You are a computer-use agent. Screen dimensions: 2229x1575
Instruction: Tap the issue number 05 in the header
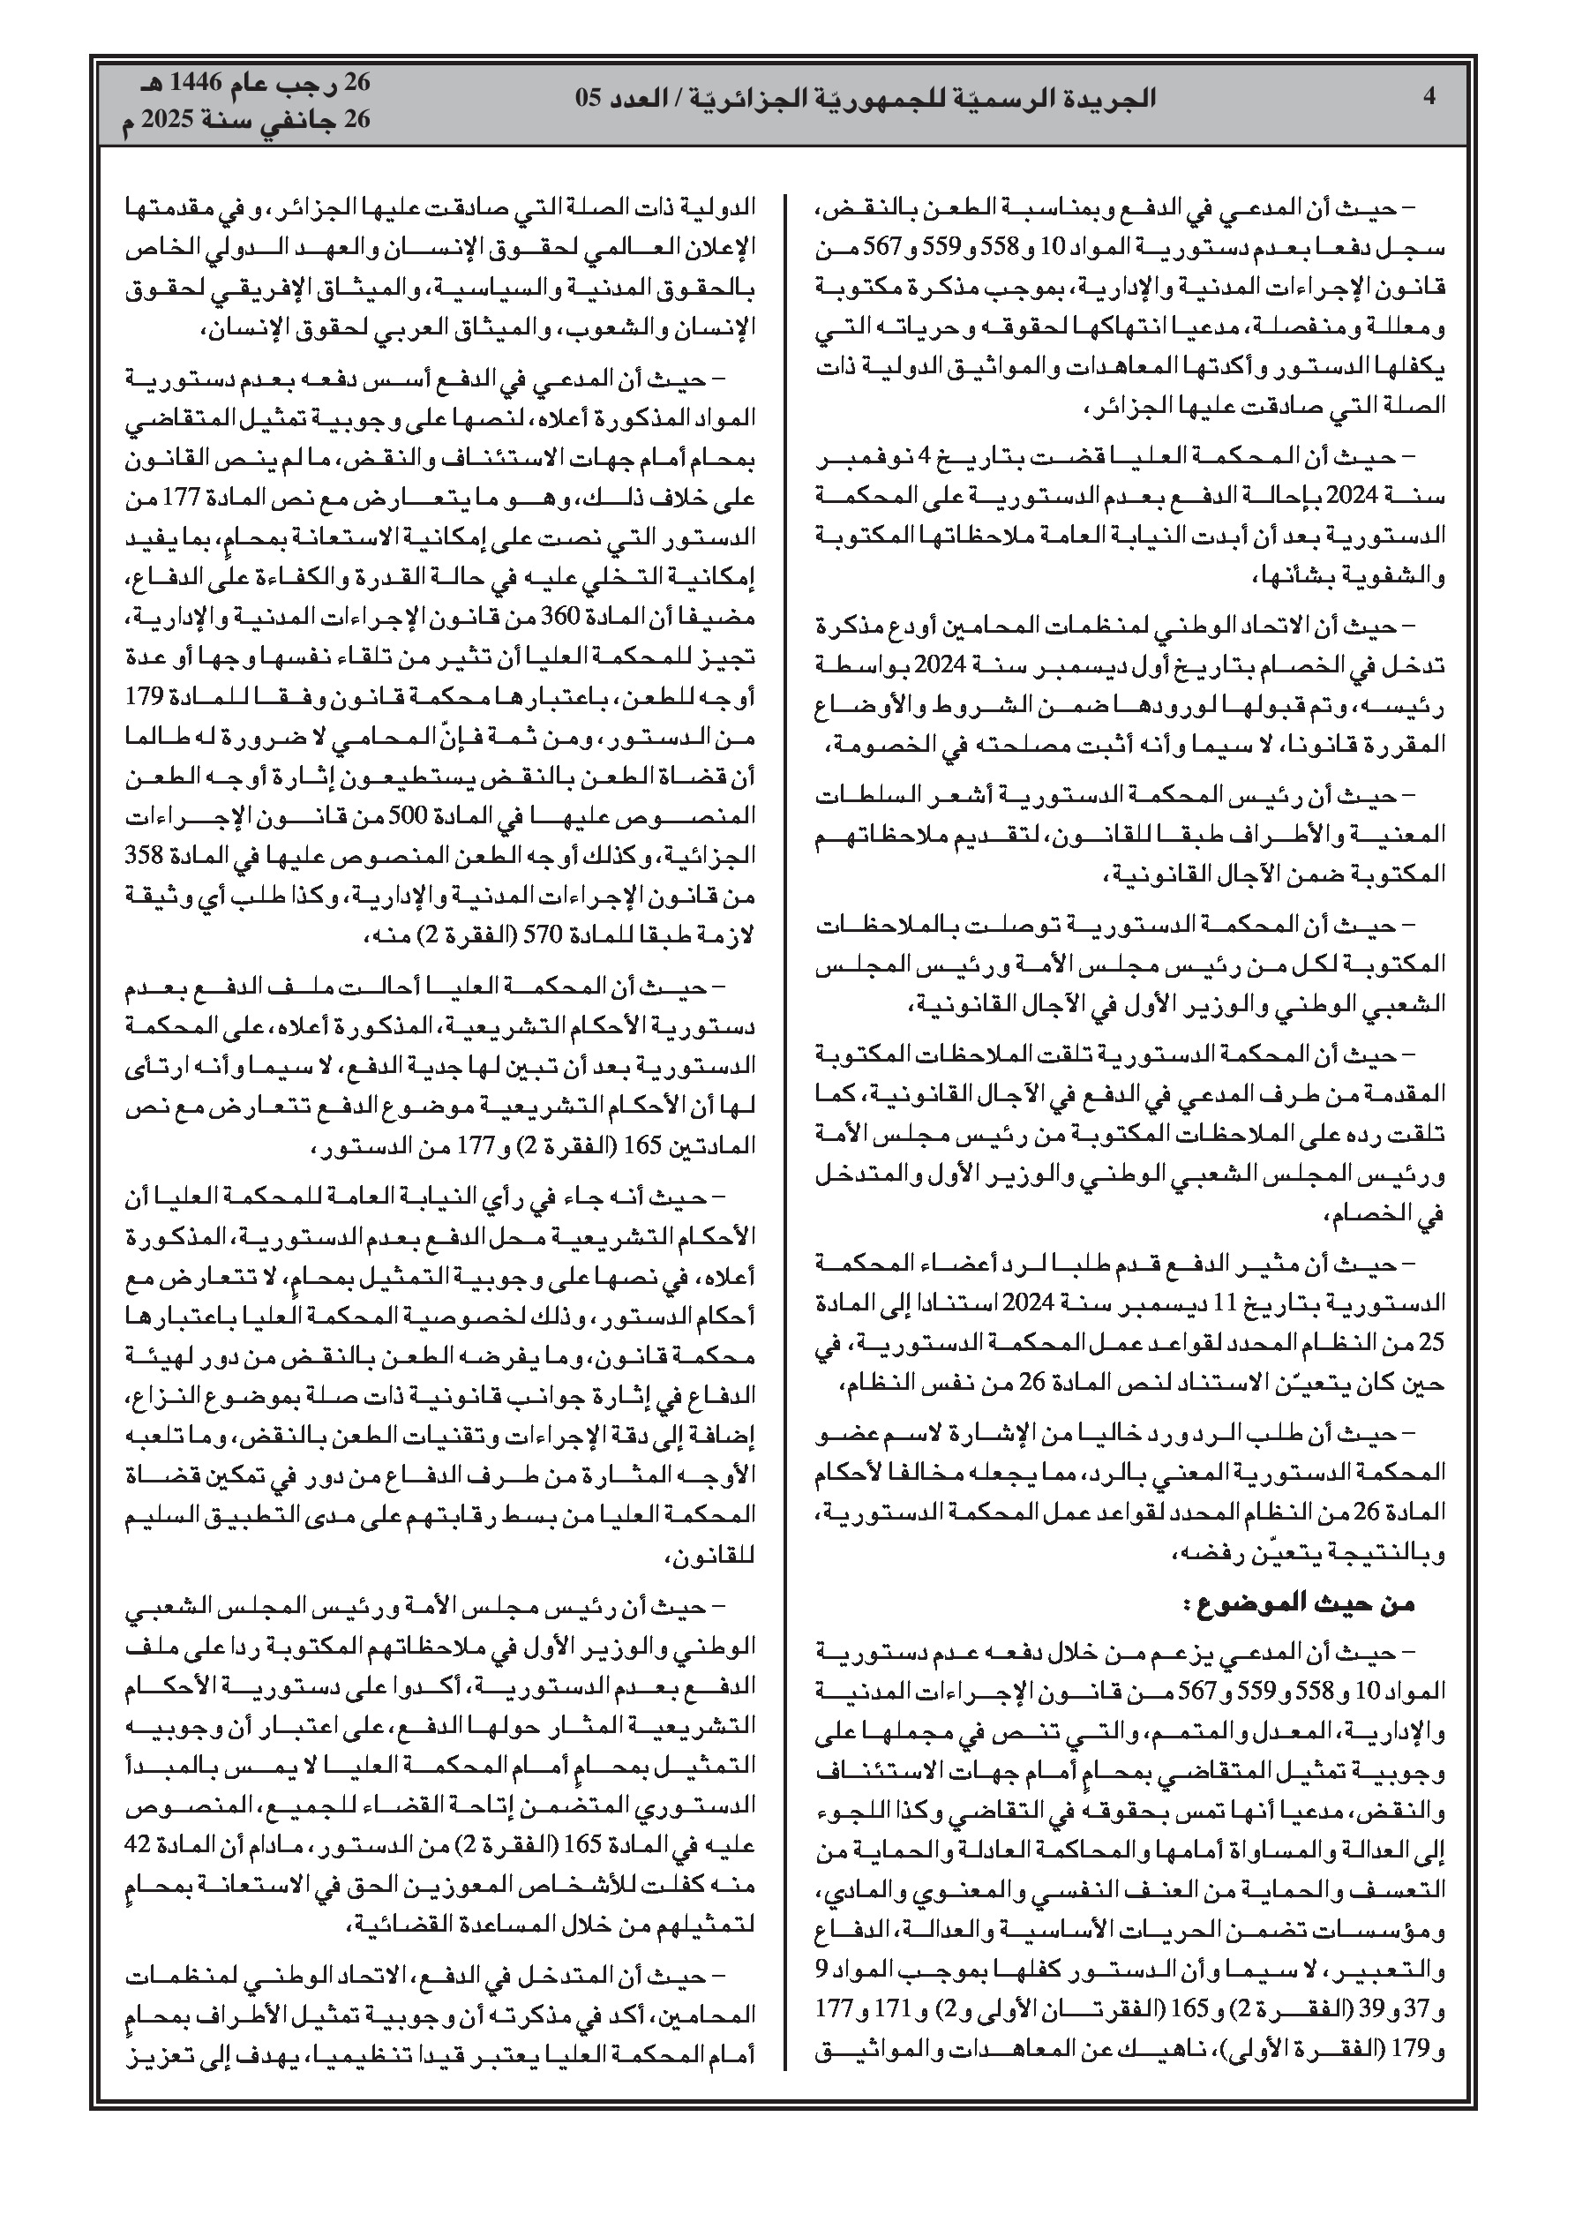click(592, 97)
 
